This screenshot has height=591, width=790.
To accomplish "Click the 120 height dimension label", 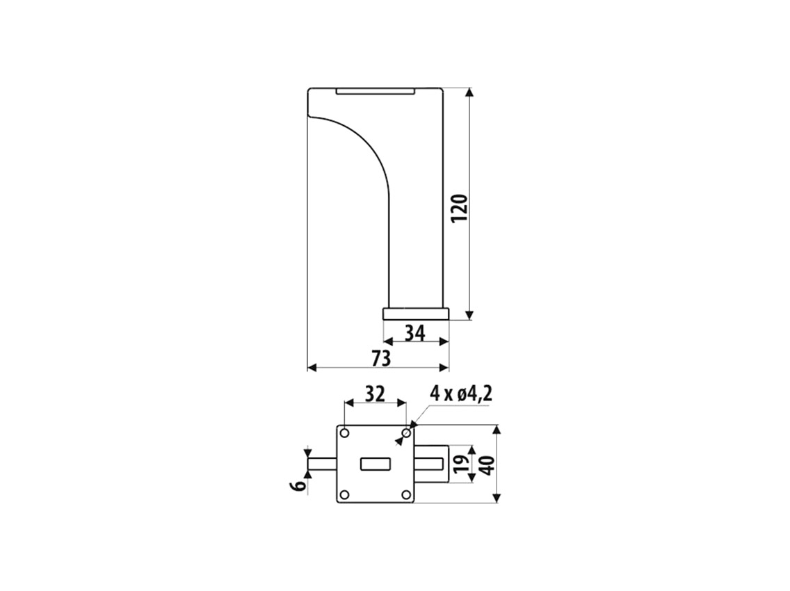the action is (460, 209).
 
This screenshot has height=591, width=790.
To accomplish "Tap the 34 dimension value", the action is (415, 333).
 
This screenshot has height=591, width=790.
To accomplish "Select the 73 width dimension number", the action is (381, 358).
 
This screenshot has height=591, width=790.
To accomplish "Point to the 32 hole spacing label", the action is (374, 394).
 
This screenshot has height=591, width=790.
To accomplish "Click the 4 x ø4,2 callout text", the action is (460, 394).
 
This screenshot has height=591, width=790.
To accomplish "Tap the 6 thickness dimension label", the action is (298, 486).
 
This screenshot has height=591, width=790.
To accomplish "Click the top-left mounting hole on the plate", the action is (345, 433).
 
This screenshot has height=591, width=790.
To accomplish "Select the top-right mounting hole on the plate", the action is (406, 433).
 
